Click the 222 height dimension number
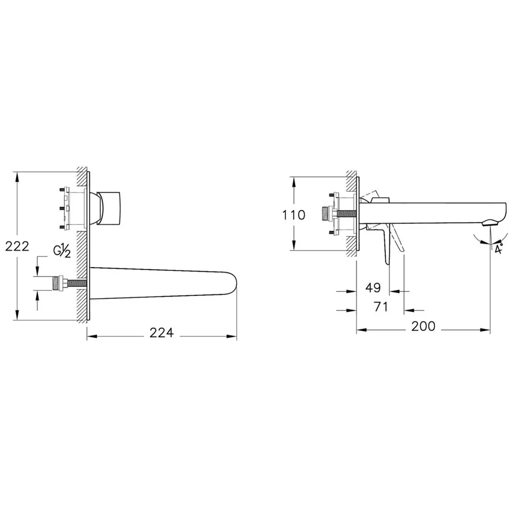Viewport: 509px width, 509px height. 17,246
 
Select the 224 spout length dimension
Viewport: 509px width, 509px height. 161,332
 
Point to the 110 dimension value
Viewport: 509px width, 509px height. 293,215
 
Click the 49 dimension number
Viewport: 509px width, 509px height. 373,288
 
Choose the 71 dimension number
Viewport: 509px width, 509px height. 381,306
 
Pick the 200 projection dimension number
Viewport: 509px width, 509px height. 423,326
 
